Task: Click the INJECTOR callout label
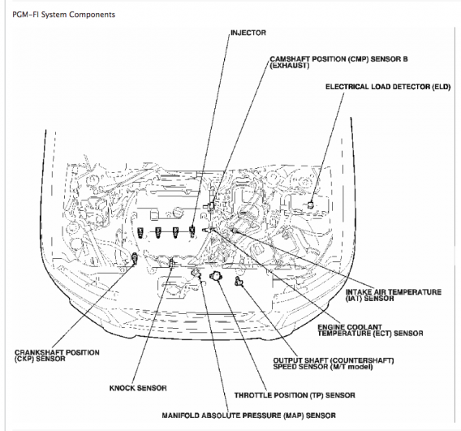point(248,32)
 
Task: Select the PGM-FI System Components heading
point(63,15)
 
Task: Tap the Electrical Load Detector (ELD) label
point(388,87)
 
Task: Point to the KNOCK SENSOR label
point(138,388)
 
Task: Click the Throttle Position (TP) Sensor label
point(295,395)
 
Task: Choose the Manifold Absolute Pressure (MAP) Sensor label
point(248,416)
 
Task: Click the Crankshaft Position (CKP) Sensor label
point(57,356)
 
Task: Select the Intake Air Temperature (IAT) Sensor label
point(394,295)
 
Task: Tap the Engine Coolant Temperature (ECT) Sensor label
point(370,330)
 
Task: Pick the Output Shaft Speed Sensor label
point(334,364)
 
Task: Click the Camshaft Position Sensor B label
point(338,62)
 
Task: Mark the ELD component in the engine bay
point(310,205)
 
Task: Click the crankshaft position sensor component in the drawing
point(135,258)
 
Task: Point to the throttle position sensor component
point(215,276)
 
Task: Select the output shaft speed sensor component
point(239,281)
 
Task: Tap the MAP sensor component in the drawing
point(196,273)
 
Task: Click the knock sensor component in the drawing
point(171,262)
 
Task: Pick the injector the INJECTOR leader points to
point(192,231)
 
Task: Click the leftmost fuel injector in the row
point(140,232)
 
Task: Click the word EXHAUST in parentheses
point(290,66)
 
